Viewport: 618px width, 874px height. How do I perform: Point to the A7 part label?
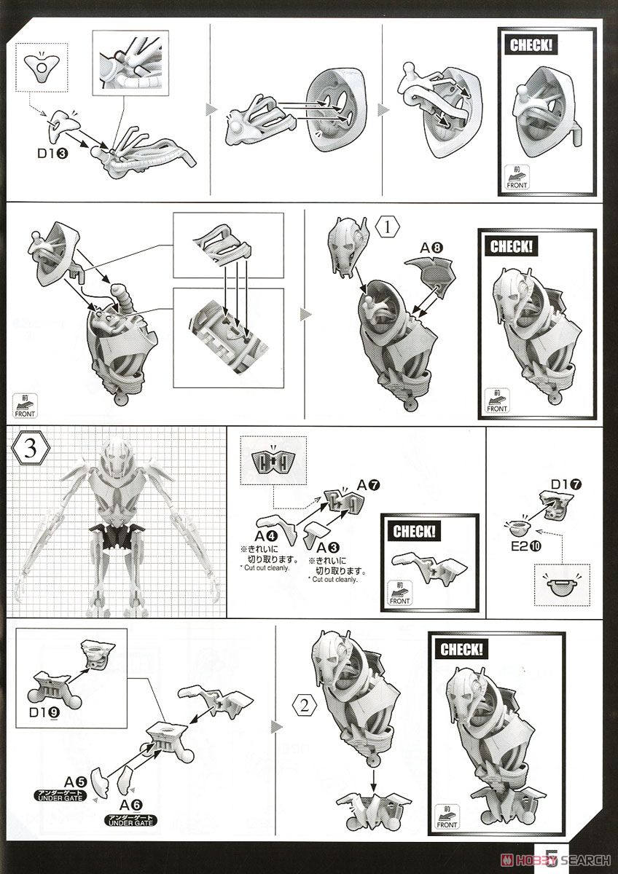point(369,484)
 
